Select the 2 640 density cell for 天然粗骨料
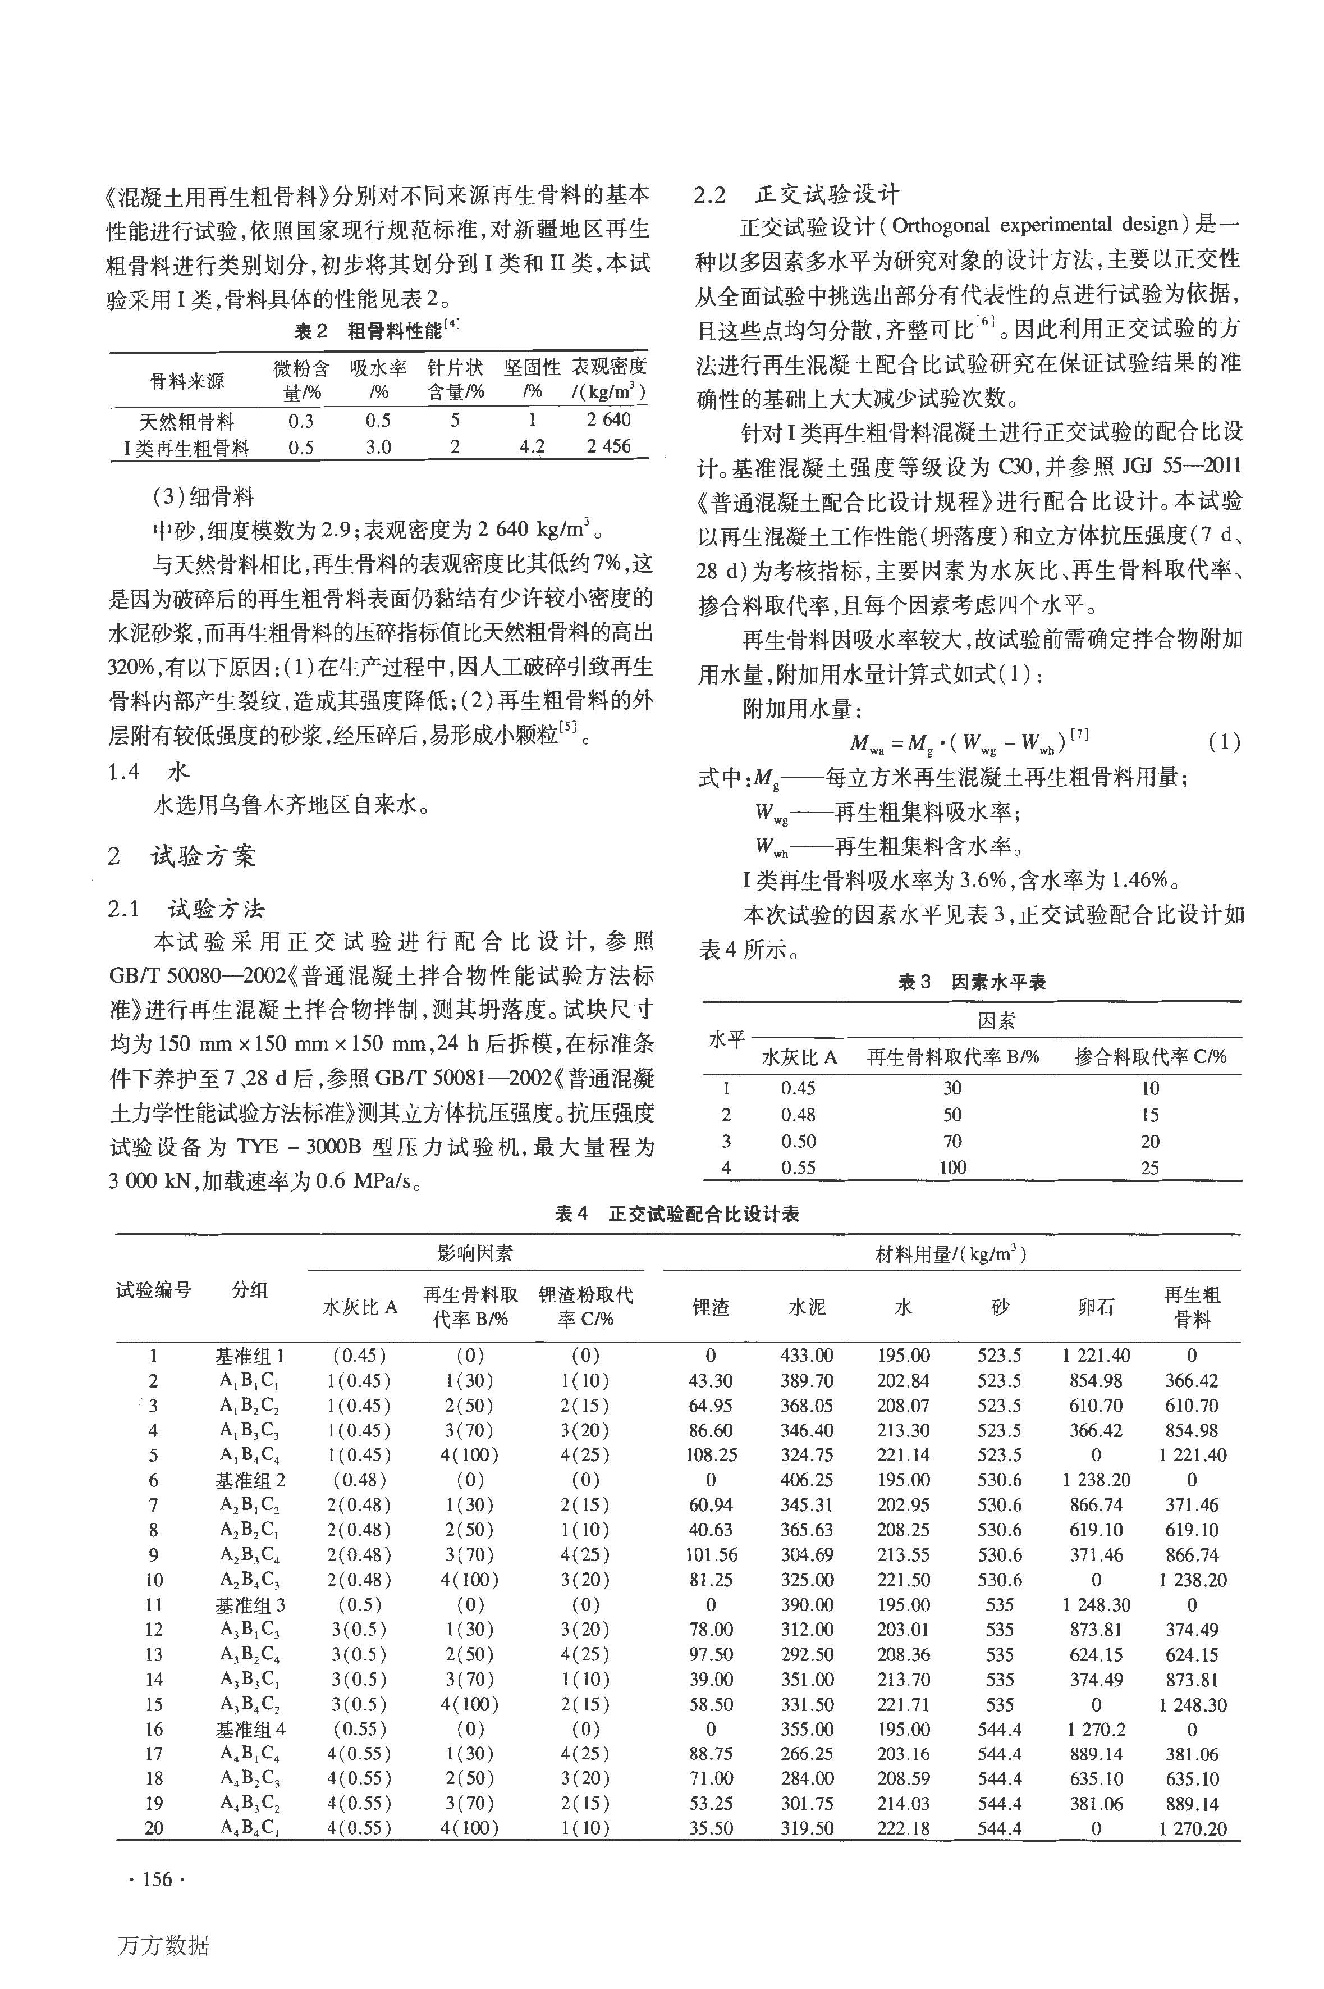(608, 420)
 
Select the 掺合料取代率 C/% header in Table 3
(1150, 1057)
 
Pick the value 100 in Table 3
(952, 1167)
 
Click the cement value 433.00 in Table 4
(807, 1356)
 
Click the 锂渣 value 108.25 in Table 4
(711, 1455)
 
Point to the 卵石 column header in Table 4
(1096, 1307)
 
